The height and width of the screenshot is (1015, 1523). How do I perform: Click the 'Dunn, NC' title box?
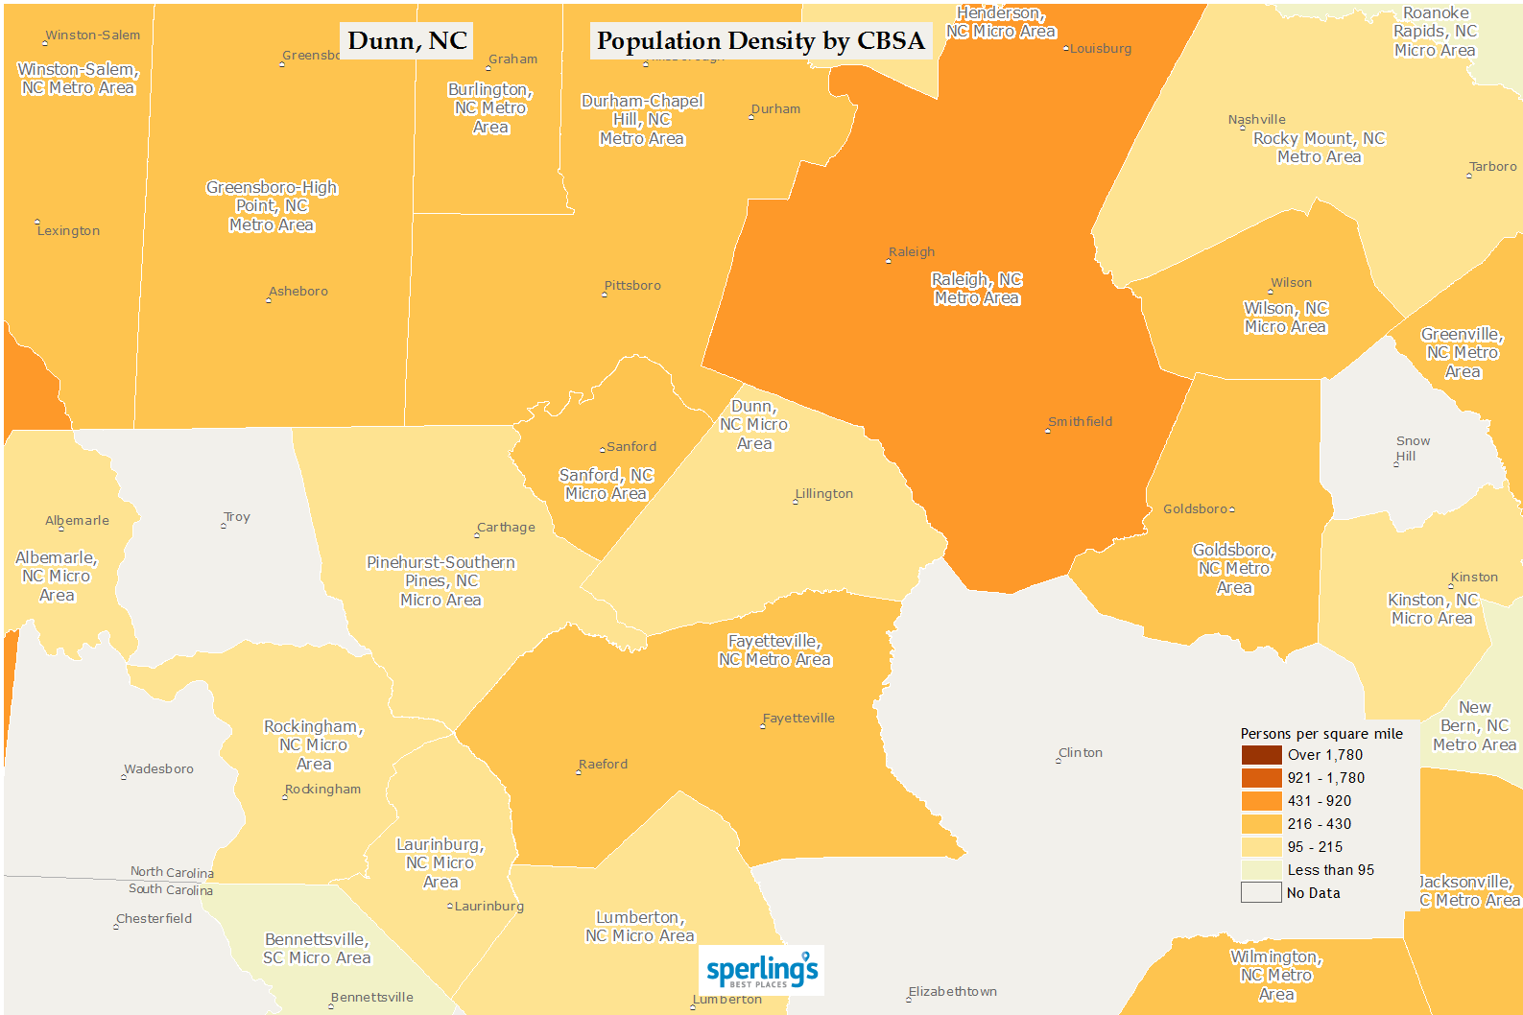407,41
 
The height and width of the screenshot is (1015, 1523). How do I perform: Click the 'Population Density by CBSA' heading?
760,41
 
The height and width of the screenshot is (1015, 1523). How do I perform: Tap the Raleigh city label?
911,252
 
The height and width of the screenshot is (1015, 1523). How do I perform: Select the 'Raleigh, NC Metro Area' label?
977,289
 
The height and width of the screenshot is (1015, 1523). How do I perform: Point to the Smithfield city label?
1080,422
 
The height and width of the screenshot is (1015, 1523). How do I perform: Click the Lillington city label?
823,494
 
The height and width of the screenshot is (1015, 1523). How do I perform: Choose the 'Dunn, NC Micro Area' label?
754,425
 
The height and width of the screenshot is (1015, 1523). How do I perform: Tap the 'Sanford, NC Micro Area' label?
607,484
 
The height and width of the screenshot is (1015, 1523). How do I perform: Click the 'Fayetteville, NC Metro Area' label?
774,650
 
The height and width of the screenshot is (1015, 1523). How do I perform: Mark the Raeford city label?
603,765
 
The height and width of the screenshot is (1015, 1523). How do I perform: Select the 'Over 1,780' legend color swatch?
1261,755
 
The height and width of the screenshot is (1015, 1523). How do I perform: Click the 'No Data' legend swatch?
1261,893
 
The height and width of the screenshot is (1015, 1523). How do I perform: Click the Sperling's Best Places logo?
761,971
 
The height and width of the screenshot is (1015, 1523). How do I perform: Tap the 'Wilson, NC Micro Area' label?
1286,318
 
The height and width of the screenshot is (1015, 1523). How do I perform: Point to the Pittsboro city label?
632,286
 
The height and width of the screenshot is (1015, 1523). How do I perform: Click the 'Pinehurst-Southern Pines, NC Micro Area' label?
441,581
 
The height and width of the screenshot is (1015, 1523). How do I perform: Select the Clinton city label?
1080,753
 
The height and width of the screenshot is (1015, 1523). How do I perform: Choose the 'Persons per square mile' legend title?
1321,734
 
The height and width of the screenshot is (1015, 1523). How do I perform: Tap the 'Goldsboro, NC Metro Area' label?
1234,569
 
